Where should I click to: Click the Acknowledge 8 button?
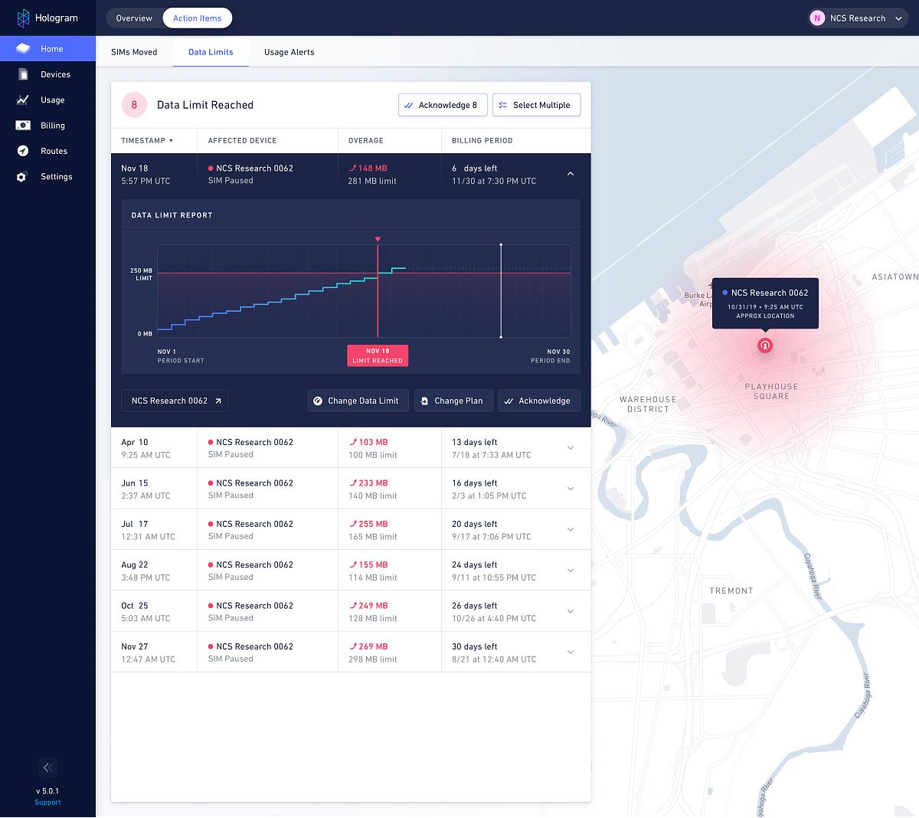pyautogui.click(x=443, y=105)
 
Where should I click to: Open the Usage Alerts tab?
pyautogui.click(x=289, y=52)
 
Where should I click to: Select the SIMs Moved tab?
pyautogui.click(x=134, y=52)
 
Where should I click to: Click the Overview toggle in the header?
pyautogui.click(x=134, y=18)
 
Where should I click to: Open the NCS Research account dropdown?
pyautogui.click(x=858, y=18)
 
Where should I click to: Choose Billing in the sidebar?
pyautogui.click(x=52, y=126)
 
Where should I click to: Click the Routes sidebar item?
pyautogui.click(x=54, y=151)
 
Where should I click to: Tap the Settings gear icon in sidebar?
pyautogui.click(x=22, y=177)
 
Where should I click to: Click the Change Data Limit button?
pyautogui.click(x=357, y=401)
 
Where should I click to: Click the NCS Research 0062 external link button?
pyautogui.click(x=175, y=401)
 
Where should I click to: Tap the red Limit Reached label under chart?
pyautogui.click(x=378, y=355)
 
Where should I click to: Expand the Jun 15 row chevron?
pyautogui.click(x=570, y=489)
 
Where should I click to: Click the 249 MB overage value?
pyautogui.click(x=372, y=606)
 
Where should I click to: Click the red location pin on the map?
pyautogui.click(x=764, y=345)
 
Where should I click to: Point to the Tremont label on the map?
pyautogui.click(x=731, y=591)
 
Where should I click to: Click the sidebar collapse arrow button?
pyautogui.click(x=47, y=767)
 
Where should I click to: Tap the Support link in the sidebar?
pyautogui.click(x=47, y=802)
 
